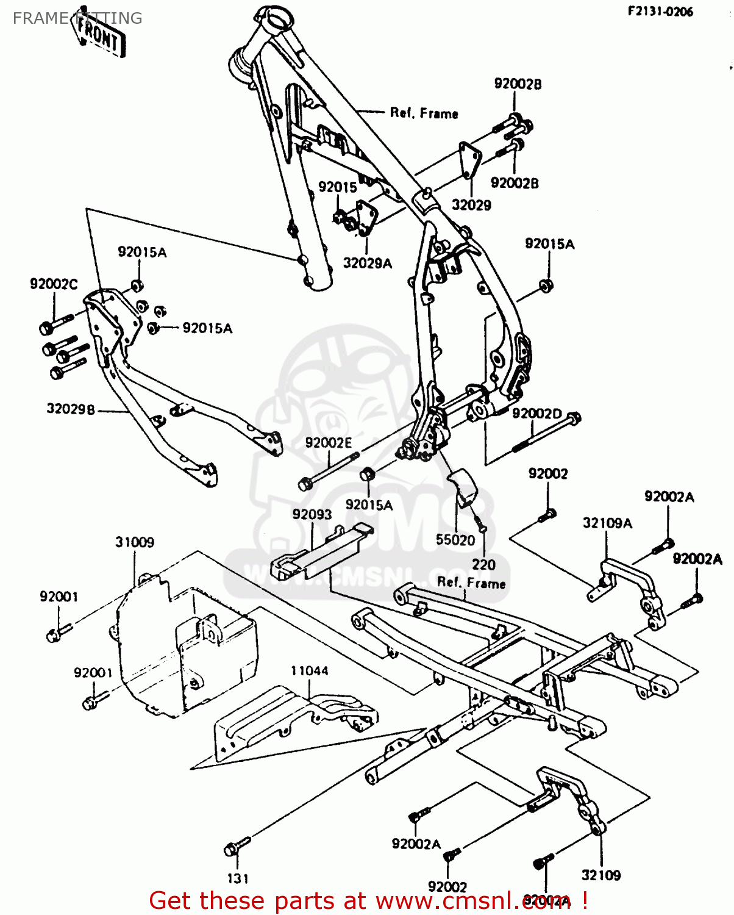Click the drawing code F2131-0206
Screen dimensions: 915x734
pos(660,12)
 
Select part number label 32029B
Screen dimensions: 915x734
pos(71,409)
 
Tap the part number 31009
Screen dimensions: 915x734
pos(135,542)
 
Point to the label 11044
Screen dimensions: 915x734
pos(309,671)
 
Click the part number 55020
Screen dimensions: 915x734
pos(455,540)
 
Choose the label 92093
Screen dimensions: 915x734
pos(312,514)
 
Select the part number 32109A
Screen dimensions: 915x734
pos(607,523)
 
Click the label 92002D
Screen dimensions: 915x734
pos(536,414)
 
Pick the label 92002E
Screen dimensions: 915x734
pos(329,443)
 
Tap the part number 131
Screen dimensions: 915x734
pos(238,878)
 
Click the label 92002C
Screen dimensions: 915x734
pos(54,284)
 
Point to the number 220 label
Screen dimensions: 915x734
pos(483,565)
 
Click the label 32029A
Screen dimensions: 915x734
pos(367,263)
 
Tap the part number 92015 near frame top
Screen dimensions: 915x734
pos(337,187)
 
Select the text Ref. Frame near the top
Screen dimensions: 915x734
pos(424,113)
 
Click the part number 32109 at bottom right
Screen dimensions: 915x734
pos(600,875)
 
